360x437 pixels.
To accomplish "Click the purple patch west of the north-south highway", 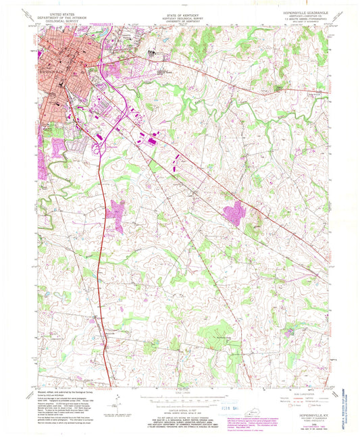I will point(115,215).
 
